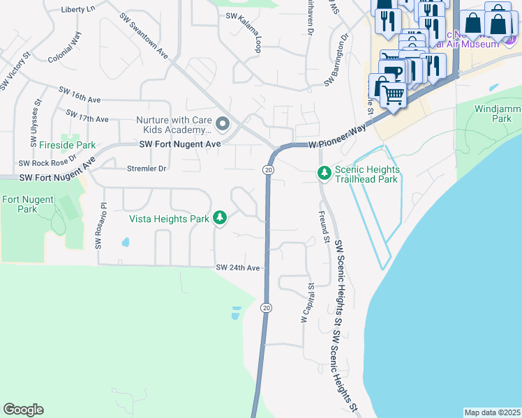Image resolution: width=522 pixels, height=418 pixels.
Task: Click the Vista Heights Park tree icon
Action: pyautogui.click(x=220, y=219)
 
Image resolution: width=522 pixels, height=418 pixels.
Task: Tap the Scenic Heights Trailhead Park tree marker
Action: pyautogui.click(x=324, y=172)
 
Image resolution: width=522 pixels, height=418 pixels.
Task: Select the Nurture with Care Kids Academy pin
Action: pyautogui.click(x=223, y=125)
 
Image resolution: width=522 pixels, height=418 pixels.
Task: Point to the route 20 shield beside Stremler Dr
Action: pyautogui.click(x=268, y=170)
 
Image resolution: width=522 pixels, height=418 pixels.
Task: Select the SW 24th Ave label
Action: pyautogui.click(x=237, y=268)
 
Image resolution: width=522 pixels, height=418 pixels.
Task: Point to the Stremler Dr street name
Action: pyautogui.click(x=147, y=168)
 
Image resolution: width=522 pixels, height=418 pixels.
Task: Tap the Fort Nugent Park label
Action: pyautogui.click(x=19, y=204)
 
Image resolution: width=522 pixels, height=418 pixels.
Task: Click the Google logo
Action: pyautogui.click(x=23, y=410)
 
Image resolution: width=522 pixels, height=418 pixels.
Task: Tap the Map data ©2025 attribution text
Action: pyautogui.click(x=492, y=412)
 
